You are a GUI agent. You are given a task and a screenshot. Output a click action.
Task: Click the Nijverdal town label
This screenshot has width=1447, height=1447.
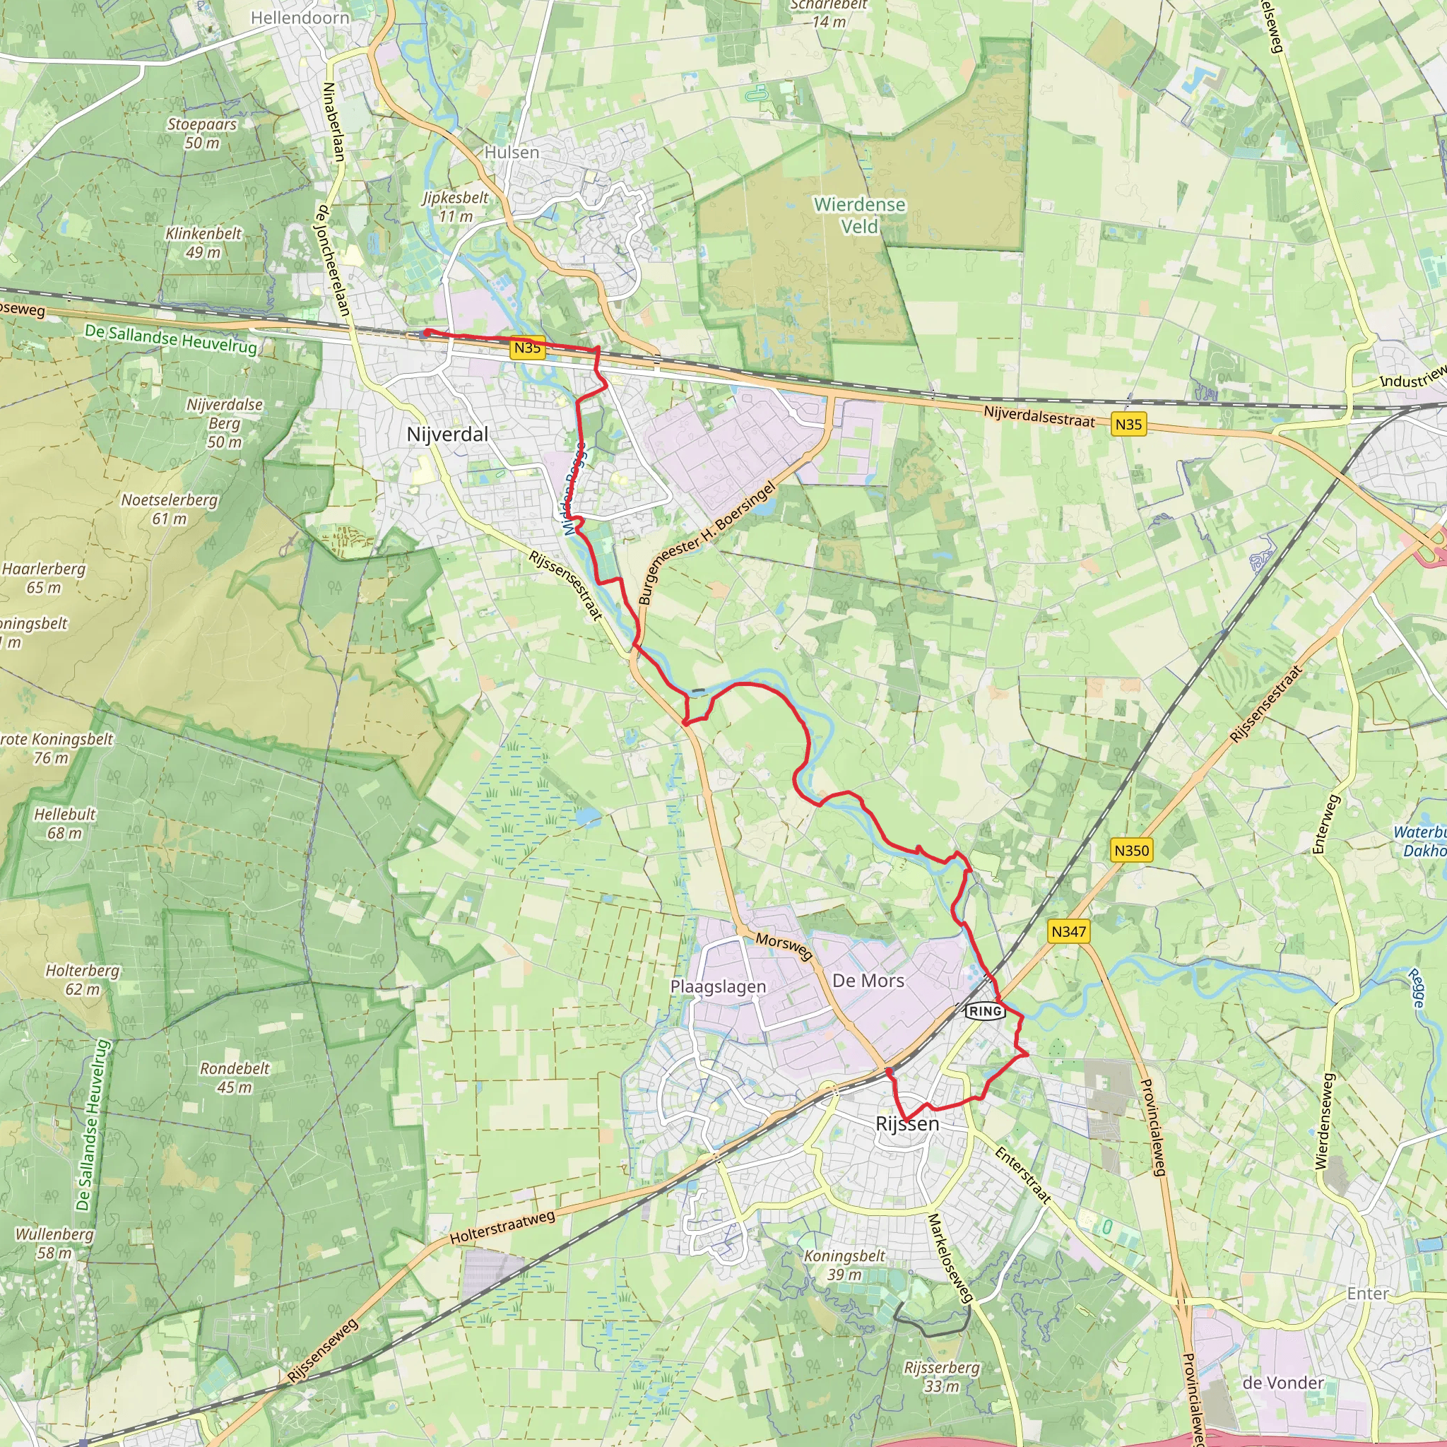point(447,435)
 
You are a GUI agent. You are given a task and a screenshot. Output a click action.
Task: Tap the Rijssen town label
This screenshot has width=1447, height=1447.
point(907,1123)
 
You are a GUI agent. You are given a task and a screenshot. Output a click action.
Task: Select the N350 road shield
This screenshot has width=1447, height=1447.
point(1131,850)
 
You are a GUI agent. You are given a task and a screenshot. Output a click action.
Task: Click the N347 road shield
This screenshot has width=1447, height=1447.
point(1068,932)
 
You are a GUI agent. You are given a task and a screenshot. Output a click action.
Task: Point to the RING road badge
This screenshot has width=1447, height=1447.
point(984,1011)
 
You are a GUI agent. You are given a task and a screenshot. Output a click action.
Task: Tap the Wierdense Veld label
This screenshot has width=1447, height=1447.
point(859,215)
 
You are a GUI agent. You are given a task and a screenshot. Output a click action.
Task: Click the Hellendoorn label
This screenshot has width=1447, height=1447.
point(300,18)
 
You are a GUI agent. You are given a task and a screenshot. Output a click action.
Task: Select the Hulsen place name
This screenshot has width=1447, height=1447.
point(512,152)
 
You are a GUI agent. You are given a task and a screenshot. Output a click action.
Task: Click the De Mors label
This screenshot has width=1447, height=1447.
point(868,981)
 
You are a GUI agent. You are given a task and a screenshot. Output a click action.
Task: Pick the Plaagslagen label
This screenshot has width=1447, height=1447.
point(718,986)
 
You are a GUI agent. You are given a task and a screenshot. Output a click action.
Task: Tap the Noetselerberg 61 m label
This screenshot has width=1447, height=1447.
point(170,509)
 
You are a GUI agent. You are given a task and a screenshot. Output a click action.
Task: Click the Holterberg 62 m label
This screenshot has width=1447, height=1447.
point(83,979)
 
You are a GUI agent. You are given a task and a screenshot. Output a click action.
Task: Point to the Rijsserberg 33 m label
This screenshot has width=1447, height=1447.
point(941,1376)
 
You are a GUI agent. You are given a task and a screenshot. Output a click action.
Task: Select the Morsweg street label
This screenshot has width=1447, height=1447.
point(784,947)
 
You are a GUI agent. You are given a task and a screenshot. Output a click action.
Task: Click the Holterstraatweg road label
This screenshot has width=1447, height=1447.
point(502,1228)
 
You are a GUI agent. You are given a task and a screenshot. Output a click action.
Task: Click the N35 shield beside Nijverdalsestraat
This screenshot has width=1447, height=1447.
point(1128,425)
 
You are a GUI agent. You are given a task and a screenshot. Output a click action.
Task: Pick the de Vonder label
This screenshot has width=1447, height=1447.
point(1283,1383)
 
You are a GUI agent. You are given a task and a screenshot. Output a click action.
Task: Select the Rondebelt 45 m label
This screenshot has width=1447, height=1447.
point(235,1077)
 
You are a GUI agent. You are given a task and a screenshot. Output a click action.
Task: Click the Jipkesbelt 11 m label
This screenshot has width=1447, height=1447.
point(456,207)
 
